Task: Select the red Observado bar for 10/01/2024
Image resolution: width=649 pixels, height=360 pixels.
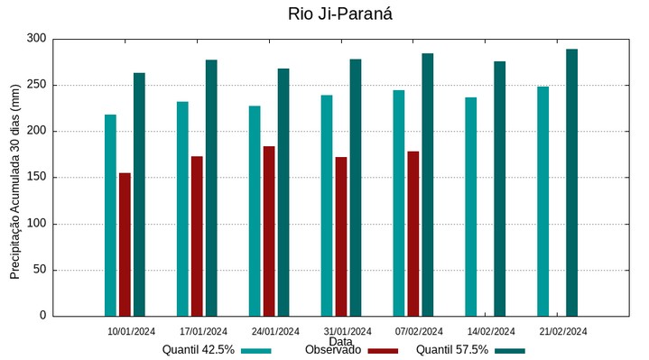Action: [x=125, y=244]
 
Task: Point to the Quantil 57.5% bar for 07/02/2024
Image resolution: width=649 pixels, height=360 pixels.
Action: [x=427, y=185]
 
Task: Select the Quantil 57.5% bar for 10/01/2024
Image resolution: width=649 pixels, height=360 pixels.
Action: [x=139, y=194]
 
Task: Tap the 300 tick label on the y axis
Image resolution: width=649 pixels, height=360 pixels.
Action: [x=36, y=39]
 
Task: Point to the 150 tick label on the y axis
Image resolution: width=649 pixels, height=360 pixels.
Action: [x=36, y=178]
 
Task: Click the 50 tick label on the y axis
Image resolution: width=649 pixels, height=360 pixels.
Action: [x=39, y=270]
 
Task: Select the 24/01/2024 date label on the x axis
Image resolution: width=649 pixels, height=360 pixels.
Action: [x=275, y=331]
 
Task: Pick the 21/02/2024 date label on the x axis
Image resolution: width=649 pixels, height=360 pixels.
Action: [x=563, y=331]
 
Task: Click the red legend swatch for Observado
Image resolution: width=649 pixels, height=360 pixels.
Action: [x=383, y=351]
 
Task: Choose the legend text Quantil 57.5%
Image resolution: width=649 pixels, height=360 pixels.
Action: [x=451, y=350]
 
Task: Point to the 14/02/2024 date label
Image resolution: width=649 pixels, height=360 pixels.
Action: [x=491, y=331]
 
